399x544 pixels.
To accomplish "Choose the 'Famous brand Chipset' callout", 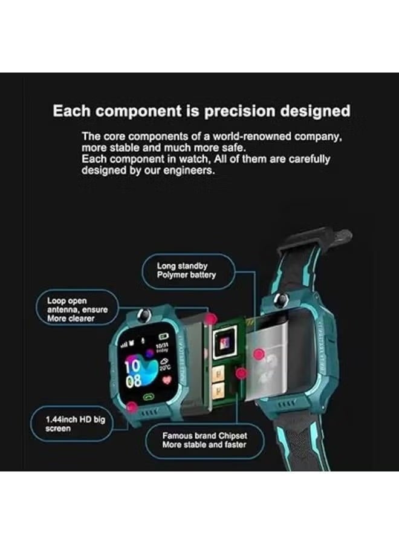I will pos(204,440).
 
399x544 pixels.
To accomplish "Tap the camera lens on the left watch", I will pos(144,314).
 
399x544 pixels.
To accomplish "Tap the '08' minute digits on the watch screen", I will pos(134,381).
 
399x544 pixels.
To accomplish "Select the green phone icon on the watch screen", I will pos(149,397).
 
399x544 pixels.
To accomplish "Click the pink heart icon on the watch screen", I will pos(167,380).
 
